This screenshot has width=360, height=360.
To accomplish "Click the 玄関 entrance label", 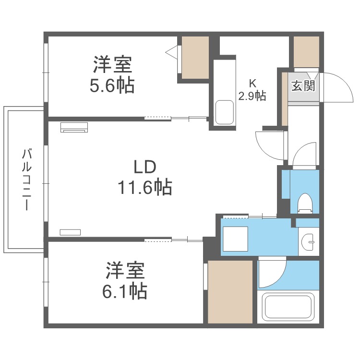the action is click(x=303, y=86).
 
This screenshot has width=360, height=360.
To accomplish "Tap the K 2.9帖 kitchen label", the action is click(x=252, y=90).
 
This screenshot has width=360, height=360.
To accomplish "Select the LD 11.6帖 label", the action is click(x=145, y=177).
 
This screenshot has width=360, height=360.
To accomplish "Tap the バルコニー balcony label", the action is click(x=26, y=180).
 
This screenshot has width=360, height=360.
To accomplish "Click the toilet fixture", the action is click(x=305, y=203).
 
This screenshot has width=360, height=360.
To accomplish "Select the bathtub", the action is click(x=288, y=308).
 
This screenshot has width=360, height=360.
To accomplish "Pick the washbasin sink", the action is click(x=308, y=242).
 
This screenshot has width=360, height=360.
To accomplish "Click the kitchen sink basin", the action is click(x=225, y=112).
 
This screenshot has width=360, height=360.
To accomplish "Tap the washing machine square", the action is click(x=235, y=239).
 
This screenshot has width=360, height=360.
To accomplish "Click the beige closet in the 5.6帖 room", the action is click(x=195, y=58).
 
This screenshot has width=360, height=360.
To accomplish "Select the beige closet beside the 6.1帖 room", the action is click(x=230, y=291).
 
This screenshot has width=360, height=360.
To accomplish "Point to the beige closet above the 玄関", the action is click(x=306, y=52).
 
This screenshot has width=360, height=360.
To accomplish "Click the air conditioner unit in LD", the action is click(x=74, y=127).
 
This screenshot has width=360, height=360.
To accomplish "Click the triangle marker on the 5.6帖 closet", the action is click(x=172, y=53).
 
